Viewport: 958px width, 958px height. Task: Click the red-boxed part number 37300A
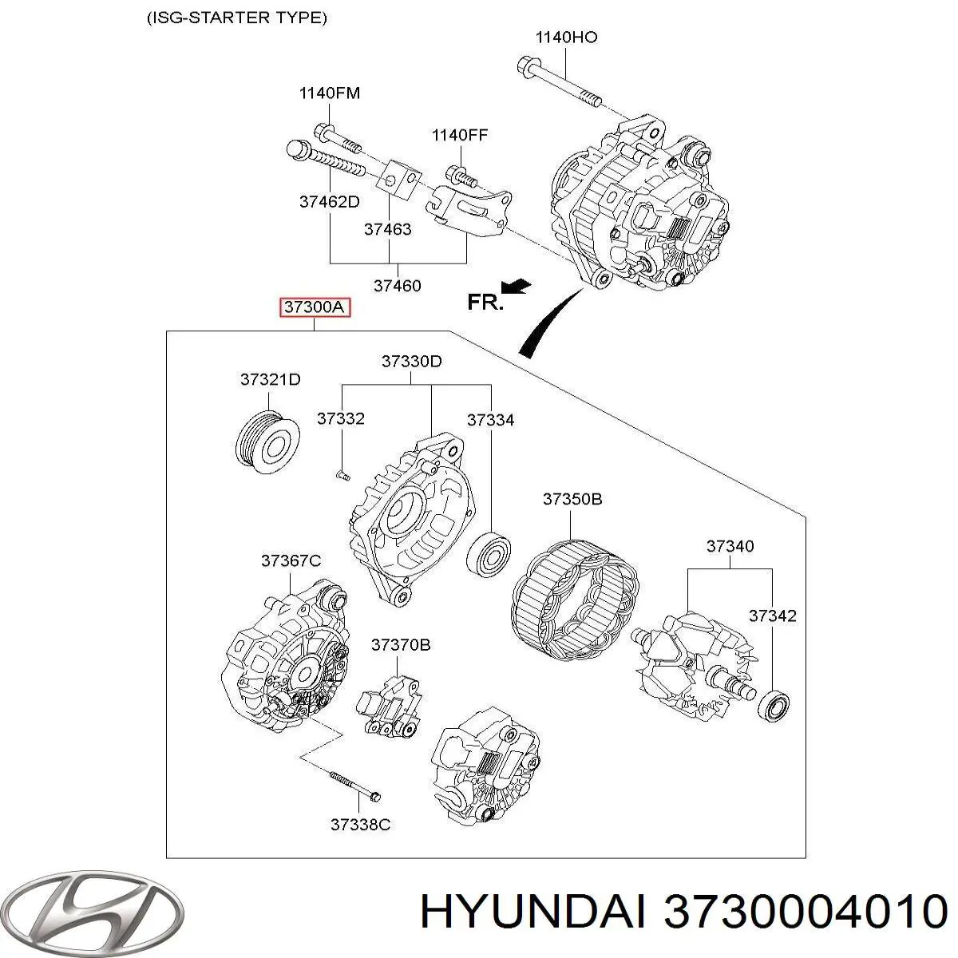[x=315, y=307]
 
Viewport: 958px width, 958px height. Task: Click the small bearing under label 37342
[x=774, y=706]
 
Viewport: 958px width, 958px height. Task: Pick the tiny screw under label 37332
[x=342, y=475]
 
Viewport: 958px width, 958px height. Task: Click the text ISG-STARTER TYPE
[x=237, y=18]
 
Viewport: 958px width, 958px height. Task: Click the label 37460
[x=397, y=285]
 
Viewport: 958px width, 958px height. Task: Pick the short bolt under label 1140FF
[x=461, y=172]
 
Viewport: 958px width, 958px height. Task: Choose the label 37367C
[x=291, y=561]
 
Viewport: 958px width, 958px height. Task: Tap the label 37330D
[x=411, y=362]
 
